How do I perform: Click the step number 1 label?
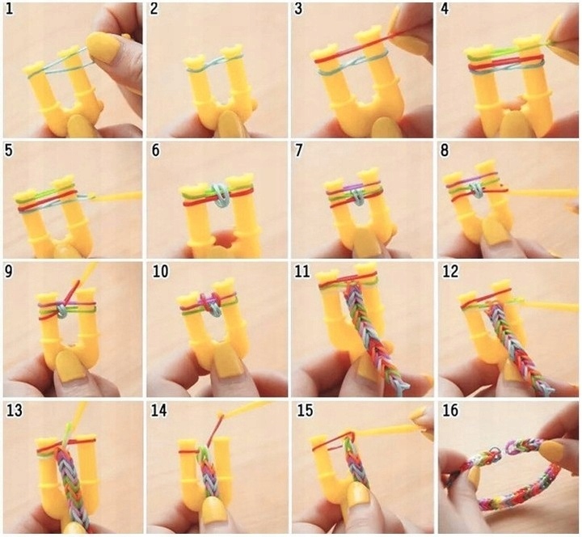coord(9,9)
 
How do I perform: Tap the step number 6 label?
coord(155,150)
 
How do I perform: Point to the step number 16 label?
coord(450,410)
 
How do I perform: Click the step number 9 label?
coord(9,271)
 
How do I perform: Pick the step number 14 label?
coord(158,410)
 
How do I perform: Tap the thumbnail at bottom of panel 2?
coord(231,125)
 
